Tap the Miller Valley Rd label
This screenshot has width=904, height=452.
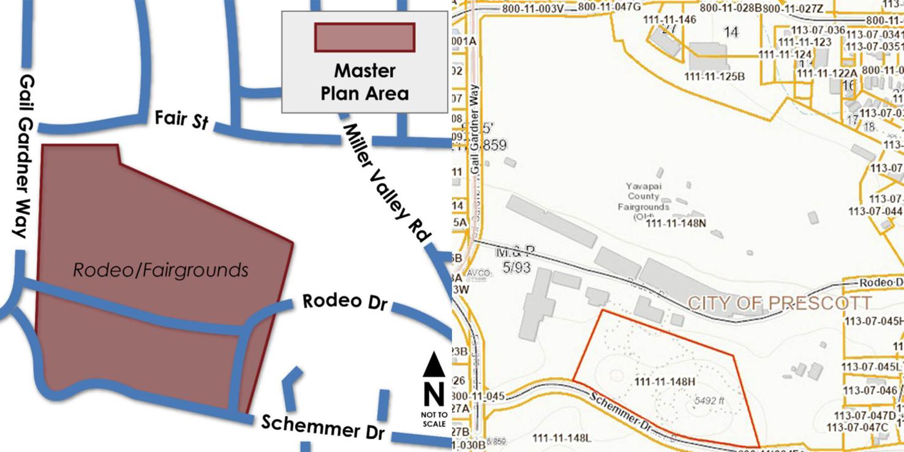click(x=387, y=181)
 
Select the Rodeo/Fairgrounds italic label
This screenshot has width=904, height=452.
click(x=161, y=270)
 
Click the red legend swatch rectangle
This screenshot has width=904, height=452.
click(x=364, y=37)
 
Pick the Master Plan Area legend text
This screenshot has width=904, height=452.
click(x=364, y=82)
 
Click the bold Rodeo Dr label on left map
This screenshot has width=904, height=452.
click(x=346, y=302)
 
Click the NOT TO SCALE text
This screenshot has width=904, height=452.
click(x=434, y=419)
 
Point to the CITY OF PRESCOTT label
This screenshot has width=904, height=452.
click(x=779, y=303)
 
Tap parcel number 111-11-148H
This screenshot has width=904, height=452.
click(x=665, y=382)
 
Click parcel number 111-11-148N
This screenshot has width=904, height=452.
click(x=676, y=224)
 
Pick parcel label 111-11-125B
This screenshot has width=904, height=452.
click(x=714, y=77)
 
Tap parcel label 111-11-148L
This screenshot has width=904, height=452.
click(x=562, y=438)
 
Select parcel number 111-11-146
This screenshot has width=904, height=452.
click(x=669, y=20)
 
